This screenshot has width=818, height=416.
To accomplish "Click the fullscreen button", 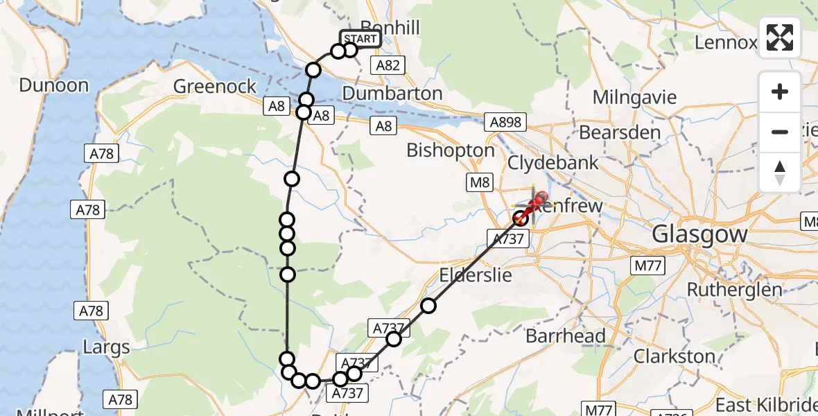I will point(780,37).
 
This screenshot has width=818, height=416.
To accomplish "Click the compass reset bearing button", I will point(780,173).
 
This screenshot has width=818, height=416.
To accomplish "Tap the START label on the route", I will point(360,39).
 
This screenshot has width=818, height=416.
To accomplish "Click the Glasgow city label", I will point(699,234).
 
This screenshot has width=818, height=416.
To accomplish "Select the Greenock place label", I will point(215,87).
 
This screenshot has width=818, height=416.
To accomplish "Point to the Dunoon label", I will point(54,86).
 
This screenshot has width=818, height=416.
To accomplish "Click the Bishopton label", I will point(451,150).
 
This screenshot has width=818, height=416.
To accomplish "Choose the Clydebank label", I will point(553,163).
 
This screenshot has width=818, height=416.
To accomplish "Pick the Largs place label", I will point(105,347).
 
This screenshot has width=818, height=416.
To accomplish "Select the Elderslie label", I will point(476,275).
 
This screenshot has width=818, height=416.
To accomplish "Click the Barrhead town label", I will point(565,336).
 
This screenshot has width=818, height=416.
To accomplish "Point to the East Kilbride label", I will point(766,405).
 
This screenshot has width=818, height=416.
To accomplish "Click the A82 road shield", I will point(387,65).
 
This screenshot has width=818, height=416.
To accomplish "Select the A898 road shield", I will point(505,123).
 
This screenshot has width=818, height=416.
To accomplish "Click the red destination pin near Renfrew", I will point(538,202).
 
